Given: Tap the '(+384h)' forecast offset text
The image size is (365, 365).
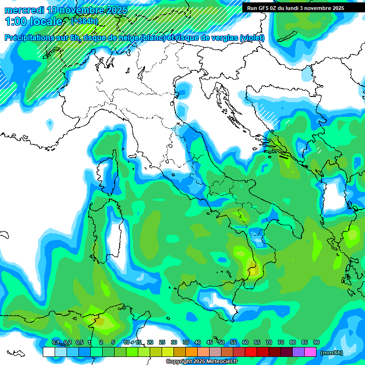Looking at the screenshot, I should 84,21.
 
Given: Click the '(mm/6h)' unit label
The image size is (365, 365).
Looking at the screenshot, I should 332,353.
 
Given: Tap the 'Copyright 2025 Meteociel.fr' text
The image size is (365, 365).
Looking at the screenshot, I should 202,362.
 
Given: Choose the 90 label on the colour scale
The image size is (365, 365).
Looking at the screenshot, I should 317,342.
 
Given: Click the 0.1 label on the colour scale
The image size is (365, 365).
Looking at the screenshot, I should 55,342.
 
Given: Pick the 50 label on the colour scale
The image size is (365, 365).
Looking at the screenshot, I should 221,342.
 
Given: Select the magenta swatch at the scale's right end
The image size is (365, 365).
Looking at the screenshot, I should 310,352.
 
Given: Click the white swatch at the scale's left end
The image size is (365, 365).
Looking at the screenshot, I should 48,352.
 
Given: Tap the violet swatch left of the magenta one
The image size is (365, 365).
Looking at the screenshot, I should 298,352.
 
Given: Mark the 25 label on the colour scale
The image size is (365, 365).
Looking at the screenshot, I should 162,342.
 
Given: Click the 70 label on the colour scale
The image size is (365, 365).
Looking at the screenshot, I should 269,342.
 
